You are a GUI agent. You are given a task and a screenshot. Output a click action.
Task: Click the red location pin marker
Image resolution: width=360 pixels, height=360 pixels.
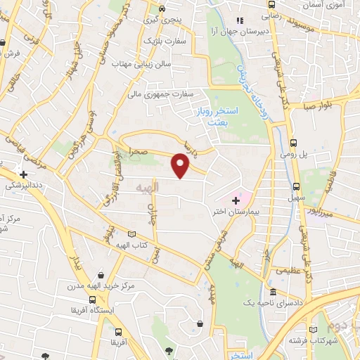point(181,166)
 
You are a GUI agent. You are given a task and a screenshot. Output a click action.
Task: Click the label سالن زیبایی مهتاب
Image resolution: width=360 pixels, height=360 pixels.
point(156,64)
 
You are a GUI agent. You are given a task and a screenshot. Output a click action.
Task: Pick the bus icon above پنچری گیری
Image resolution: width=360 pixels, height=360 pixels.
point(162,9)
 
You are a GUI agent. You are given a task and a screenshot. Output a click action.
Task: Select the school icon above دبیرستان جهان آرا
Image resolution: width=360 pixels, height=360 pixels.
point(239,20)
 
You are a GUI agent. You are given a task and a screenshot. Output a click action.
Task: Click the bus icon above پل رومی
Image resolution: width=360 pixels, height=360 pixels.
point(293,140)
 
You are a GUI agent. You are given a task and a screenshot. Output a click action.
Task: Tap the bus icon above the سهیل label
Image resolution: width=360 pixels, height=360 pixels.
point(296,187)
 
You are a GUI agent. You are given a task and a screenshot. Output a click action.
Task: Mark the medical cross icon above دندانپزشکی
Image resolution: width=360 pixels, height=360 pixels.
point(24,174)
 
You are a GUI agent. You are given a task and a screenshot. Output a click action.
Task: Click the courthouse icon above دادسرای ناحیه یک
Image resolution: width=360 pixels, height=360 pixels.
point(273,292)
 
